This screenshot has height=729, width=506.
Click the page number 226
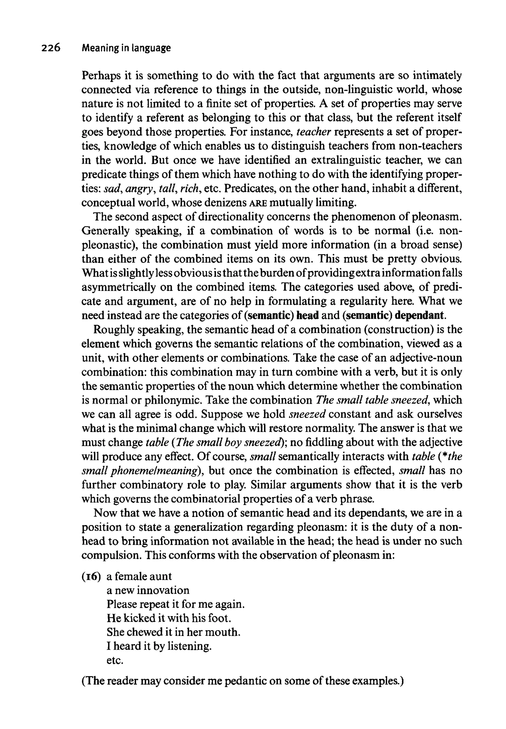coord(50,48)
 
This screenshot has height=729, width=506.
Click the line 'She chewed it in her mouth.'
coord(173,632)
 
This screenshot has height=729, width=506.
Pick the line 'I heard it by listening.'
coord(159,646)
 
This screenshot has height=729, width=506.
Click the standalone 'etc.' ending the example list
coord(114,660)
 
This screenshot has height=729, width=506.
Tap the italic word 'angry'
coord(138,189)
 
